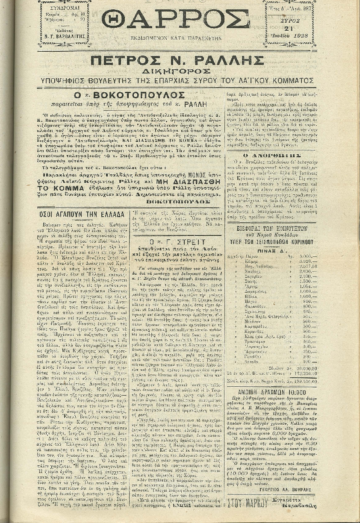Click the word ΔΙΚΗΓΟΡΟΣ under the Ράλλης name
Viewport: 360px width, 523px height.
(177, 71)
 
